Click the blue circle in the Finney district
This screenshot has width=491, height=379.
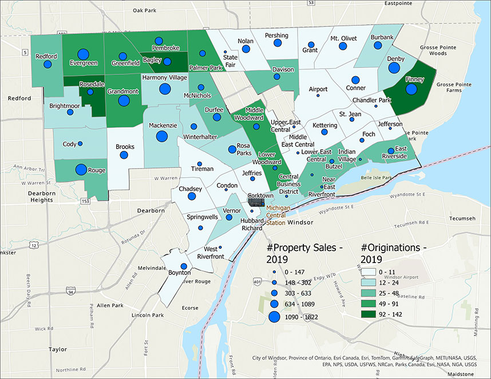(x=411, y=89)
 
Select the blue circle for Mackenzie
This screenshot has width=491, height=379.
(x=161, y=136)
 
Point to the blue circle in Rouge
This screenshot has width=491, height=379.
(x=81, y=170)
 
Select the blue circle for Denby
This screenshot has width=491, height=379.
(x=394, y=68)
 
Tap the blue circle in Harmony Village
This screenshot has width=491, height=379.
(x=165, y=89)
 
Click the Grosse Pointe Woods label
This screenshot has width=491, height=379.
(x=444, y=50)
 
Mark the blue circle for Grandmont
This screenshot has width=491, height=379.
(x=124, y=101)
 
